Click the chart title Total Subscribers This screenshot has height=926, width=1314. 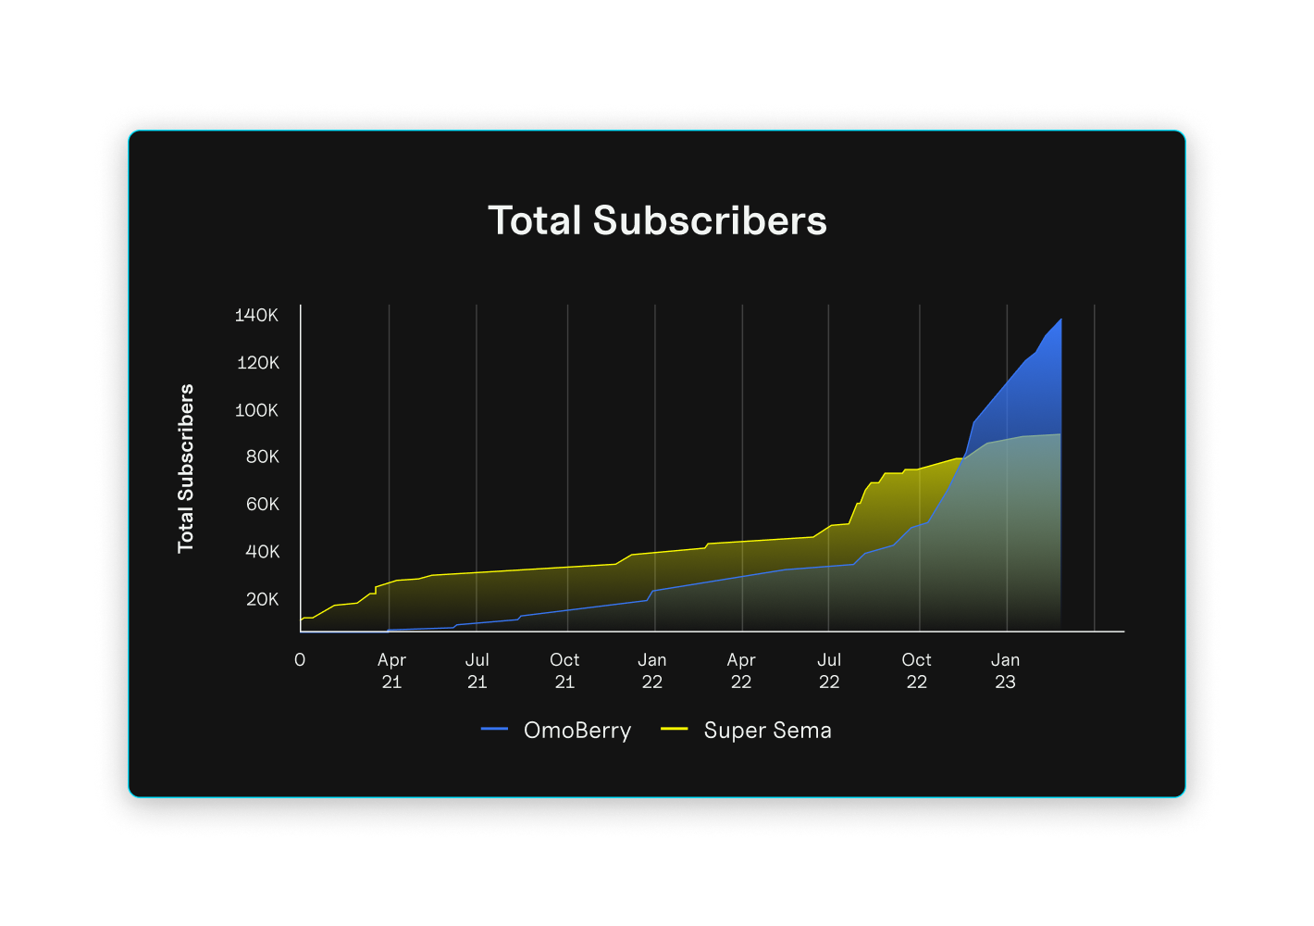(657, 221)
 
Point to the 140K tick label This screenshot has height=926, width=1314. (256, 316)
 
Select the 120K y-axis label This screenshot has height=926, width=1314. (257, 363)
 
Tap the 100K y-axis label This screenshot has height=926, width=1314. (256, 410)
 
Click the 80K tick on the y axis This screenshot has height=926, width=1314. (262, 457)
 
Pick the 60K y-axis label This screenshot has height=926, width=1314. (262, 505)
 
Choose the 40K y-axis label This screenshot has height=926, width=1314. (262, 552)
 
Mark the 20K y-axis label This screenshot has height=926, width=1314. (262, 600)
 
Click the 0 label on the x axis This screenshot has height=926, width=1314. (300, 660)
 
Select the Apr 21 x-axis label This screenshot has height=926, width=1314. (391, 671)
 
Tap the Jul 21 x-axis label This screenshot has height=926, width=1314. (477, 671)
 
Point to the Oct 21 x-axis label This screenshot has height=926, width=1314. (564, 671)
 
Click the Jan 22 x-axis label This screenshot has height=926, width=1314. (652, 671)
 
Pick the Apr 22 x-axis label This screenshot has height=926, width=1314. (741, 671)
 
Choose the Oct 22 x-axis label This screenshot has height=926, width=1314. (916, 671)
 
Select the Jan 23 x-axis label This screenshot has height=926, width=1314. (1005, 671)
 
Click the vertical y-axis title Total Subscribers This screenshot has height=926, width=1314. (186, 469)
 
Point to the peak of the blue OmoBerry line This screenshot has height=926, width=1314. (1060, 320)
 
